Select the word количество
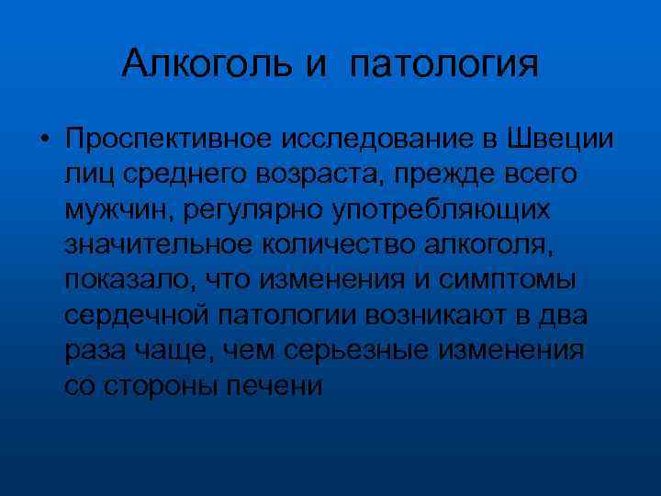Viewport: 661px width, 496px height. point(335,245)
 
